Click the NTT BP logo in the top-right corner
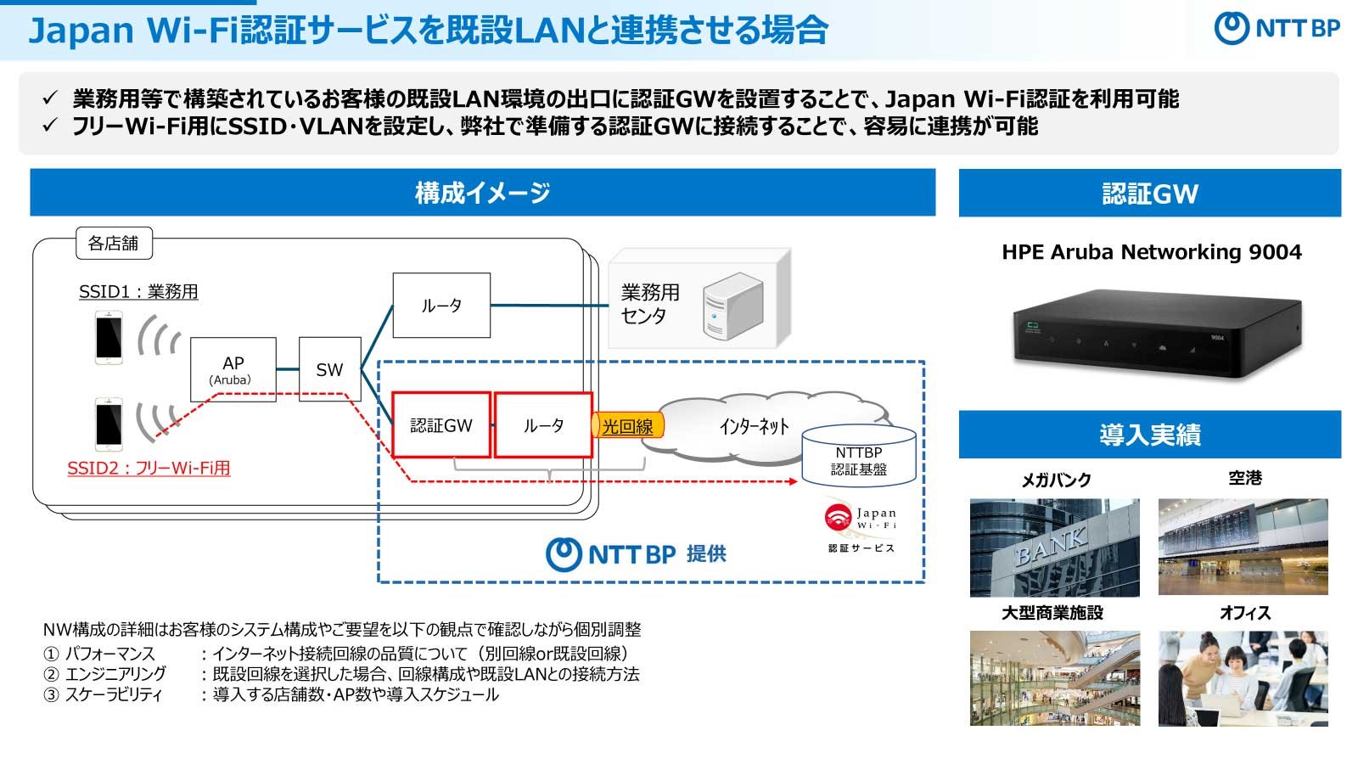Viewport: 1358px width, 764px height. coord(1277,28)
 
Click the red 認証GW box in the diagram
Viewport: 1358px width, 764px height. coord(441,425)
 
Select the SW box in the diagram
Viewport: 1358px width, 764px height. coord(330,369)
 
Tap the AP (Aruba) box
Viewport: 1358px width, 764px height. coord(233,369)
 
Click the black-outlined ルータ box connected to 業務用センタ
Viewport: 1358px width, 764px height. coord(441,305)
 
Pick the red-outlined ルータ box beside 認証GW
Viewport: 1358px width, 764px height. coord(543,425)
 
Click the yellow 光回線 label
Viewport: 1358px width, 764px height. coord(627,425)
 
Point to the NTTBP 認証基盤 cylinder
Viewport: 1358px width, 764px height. coord(858,456)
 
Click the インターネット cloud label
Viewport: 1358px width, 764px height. coord(755,427)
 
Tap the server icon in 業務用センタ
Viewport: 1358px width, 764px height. coord(732,306)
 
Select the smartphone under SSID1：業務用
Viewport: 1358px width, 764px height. coord(109,337)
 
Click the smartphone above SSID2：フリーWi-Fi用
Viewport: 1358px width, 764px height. coord(109,424)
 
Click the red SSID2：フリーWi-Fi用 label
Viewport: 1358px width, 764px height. coord(149,468)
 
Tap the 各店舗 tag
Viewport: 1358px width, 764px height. coord(114,243)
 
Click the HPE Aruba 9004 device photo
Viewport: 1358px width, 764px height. coord(1157,333)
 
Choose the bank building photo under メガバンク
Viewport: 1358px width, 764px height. coord(1055,548)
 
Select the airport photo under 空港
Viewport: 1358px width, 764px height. coord(1243,547)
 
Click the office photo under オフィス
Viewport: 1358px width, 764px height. coord(1243,678)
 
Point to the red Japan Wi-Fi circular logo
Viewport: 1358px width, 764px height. coord(838,517)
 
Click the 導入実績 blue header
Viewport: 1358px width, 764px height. coord(1149,435)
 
